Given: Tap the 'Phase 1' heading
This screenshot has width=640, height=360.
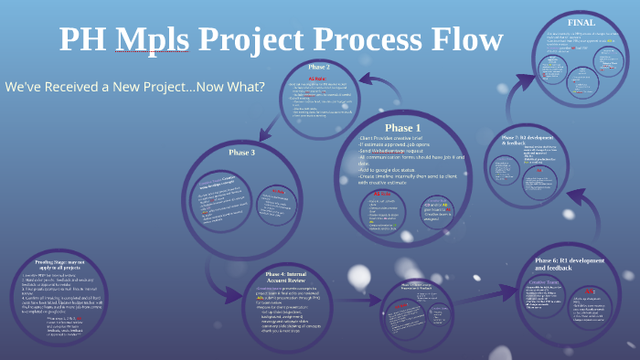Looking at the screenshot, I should [402, 127].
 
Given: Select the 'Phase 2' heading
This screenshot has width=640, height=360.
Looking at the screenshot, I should [319, 67].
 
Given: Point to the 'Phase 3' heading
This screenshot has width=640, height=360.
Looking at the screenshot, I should [240, 153].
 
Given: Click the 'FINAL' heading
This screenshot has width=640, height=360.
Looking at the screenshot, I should [581, 22].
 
